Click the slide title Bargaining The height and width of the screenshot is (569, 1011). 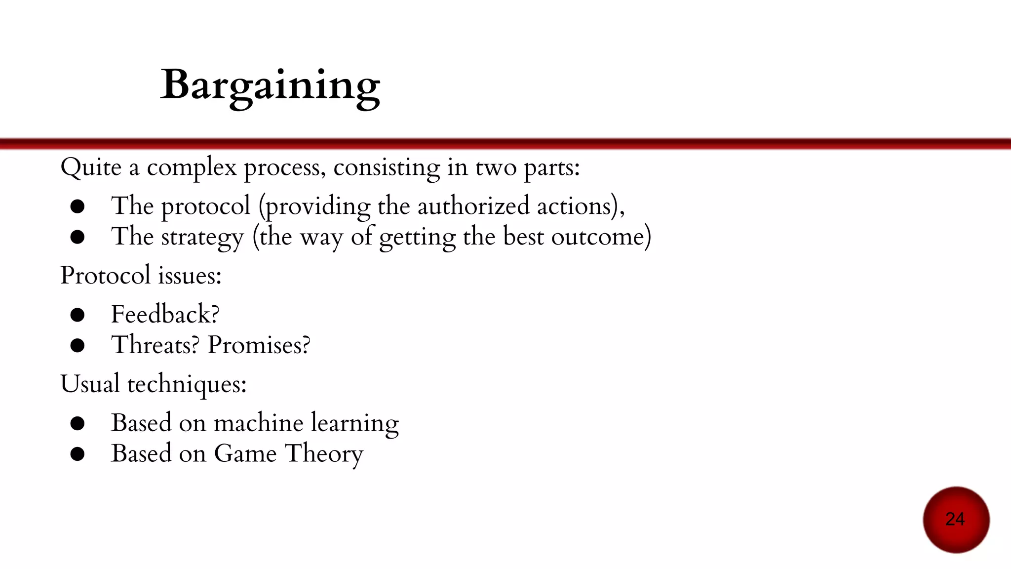270,85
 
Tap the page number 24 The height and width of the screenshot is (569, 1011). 955,519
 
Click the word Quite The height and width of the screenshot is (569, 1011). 91,167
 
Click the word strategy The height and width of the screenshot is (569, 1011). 202,237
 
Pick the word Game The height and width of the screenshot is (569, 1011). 245,453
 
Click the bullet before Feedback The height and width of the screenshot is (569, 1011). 78,315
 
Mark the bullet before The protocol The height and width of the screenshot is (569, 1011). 78,206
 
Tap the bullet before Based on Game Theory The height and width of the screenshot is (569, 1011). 78,454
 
